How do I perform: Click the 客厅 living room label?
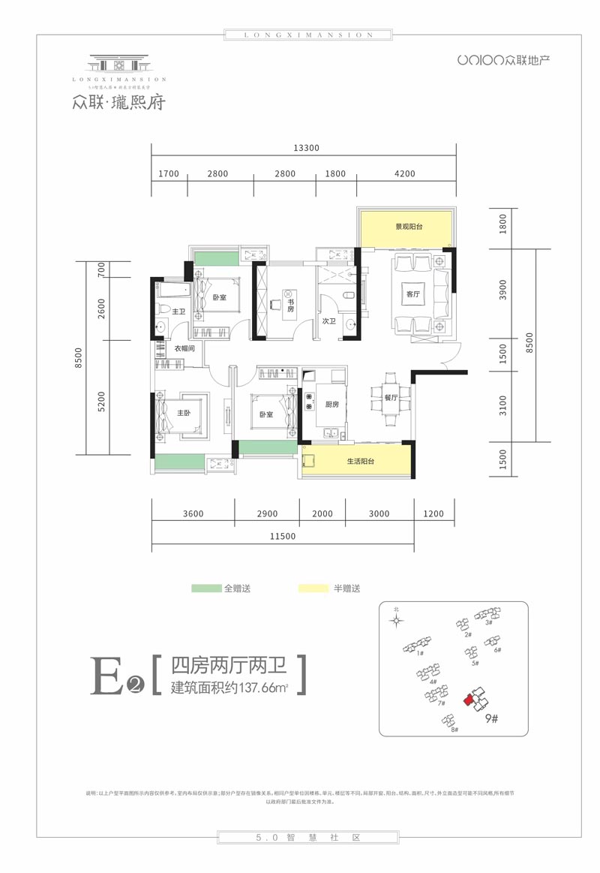click(x=412, y=294)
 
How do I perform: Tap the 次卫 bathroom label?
click(x=328, y=321)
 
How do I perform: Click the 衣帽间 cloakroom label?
click(x=185, y=348)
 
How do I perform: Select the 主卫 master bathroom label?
click(x=178, y=311)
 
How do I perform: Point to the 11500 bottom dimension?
click(x=283, y=536)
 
